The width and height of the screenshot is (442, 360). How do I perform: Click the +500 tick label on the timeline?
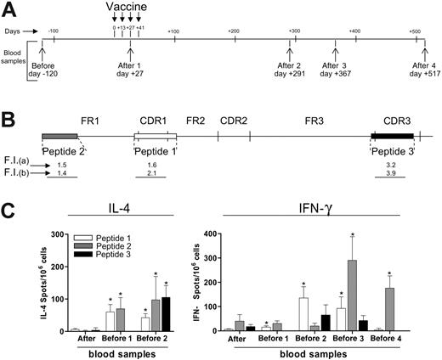[x=414, y=31]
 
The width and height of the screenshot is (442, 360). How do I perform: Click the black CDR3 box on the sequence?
[x=392, y=135]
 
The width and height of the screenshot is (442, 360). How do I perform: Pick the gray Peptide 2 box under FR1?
[x=59, y=135]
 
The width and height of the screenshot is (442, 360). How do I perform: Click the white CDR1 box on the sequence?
[x=156, y=135]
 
